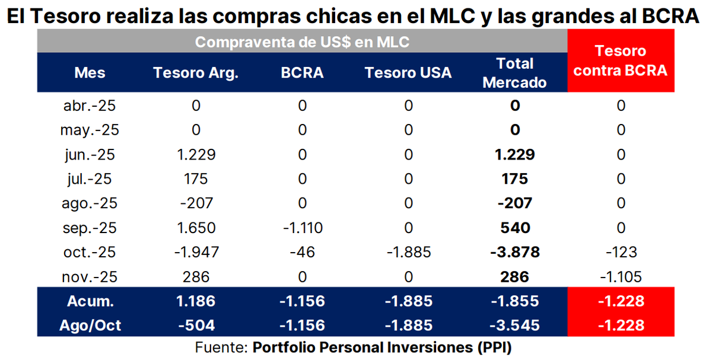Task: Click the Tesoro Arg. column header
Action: coord(196,73)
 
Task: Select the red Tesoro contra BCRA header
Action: coord(621,60)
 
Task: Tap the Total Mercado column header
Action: coord(514,73)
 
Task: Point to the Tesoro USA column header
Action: coord(408,73)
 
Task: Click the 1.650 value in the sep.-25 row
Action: coord(196,228)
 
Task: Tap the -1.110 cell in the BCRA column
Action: coord(303,228)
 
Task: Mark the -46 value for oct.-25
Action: coord(303,252)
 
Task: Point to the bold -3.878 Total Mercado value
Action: coord(514,252)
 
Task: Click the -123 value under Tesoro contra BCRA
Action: coord(621,252)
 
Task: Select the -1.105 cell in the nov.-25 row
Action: coord(621,276)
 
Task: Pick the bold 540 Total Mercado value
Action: coord(514,228)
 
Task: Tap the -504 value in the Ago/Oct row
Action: coord(196,326)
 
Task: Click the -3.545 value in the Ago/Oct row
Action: coord(514,326)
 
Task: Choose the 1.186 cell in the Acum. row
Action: coord(196,301)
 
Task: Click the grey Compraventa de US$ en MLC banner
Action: coord(303,42)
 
